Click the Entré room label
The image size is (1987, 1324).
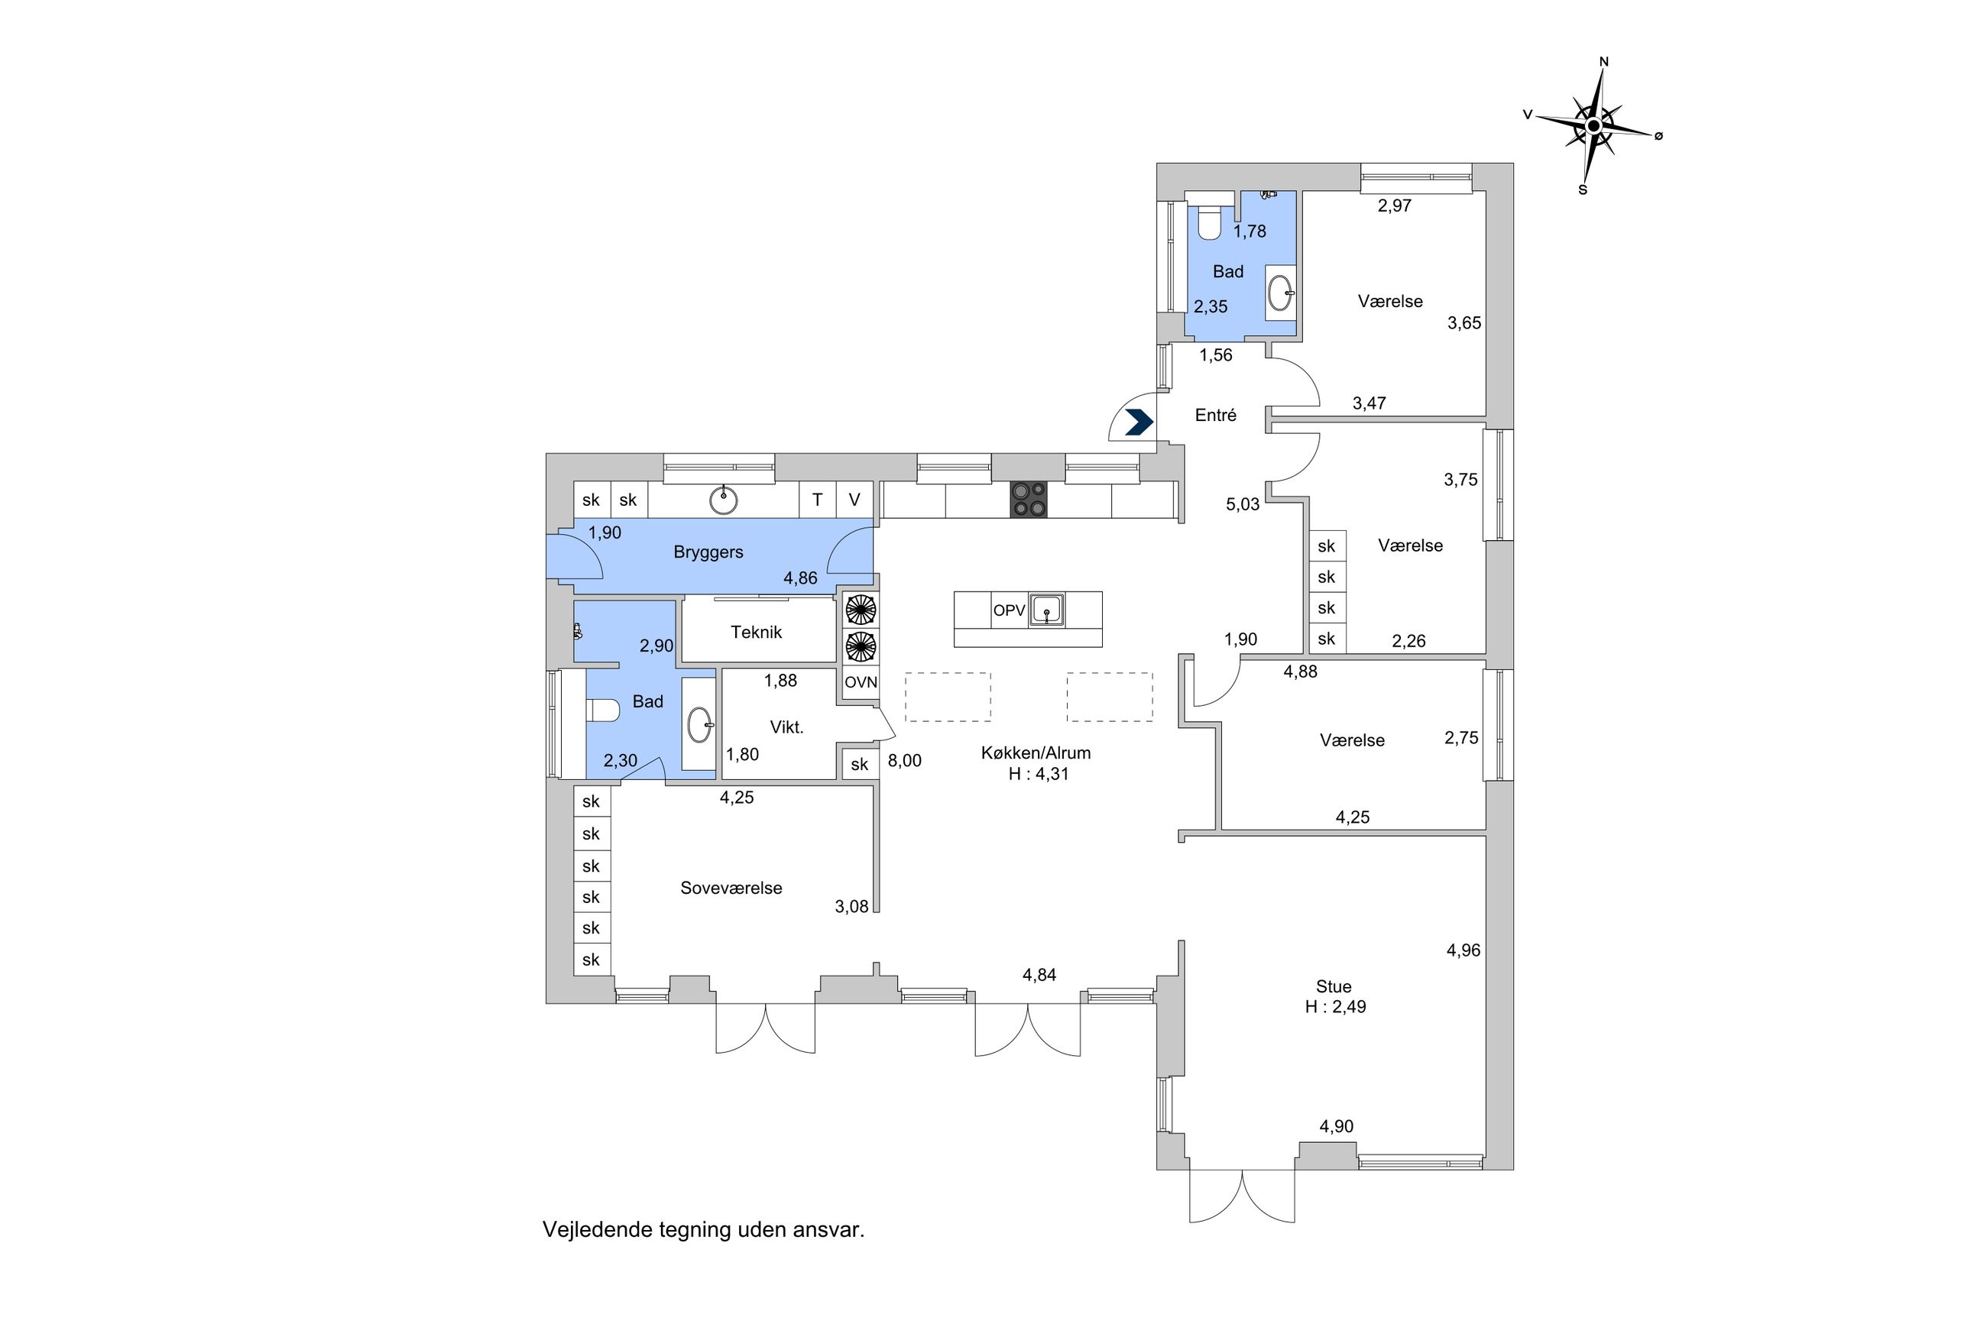coord(1215,415)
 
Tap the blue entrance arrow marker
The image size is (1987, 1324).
coord(1139,422)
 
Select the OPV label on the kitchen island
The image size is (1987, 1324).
coord(1008,610)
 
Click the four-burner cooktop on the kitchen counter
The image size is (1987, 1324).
coord(1028,499)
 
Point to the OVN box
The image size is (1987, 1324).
coord(861,682)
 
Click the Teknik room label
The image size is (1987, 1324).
coord(756,632)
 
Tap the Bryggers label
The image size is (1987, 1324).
coord(708,552)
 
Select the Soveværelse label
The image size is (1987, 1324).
coord(731,888)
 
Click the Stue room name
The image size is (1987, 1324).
coord(1334,986)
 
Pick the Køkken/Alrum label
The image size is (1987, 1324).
coord(1036,753)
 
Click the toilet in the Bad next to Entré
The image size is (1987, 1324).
coord(1209,222)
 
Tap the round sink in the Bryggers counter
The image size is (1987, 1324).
coord(723,500)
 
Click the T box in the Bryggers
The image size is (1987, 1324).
coord(817,500)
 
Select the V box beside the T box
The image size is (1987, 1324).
coord(854,500)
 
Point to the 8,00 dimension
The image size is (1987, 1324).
coord(904,761)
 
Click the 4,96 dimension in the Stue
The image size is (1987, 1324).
coord(1464,950)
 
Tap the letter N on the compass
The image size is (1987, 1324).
coord(1603,62)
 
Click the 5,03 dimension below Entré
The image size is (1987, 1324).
coord(1242,505)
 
